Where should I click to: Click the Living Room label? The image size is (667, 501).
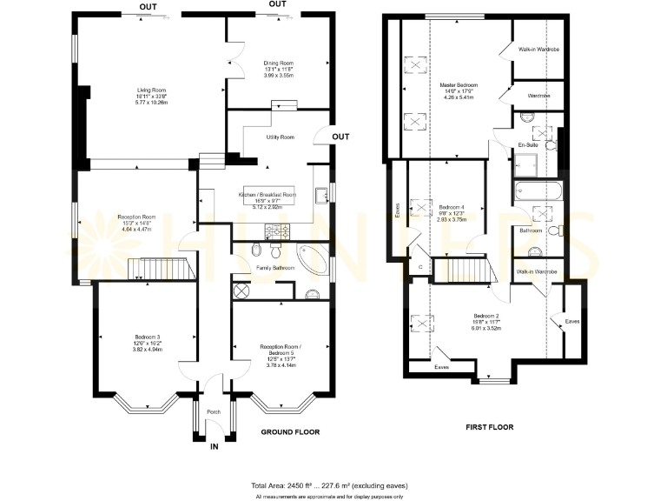pyautogui.click(x=150, y=90)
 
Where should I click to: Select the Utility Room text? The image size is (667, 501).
pyautogui.click(x=281, y=137)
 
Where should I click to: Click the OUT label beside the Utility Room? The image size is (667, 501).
pyautogui.click(x=340, y=137)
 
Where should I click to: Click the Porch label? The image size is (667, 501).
pyautogui.click(x=214, y=412)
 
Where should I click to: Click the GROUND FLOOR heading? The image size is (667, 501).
pyautogui.click(x=291, y=431)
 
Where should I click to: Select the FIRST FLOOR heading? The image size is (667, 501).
pyautogui.click(x=490, y=427)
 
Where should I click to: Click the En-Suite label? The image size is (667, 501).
pyautogui.click(x=528, y=144)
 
